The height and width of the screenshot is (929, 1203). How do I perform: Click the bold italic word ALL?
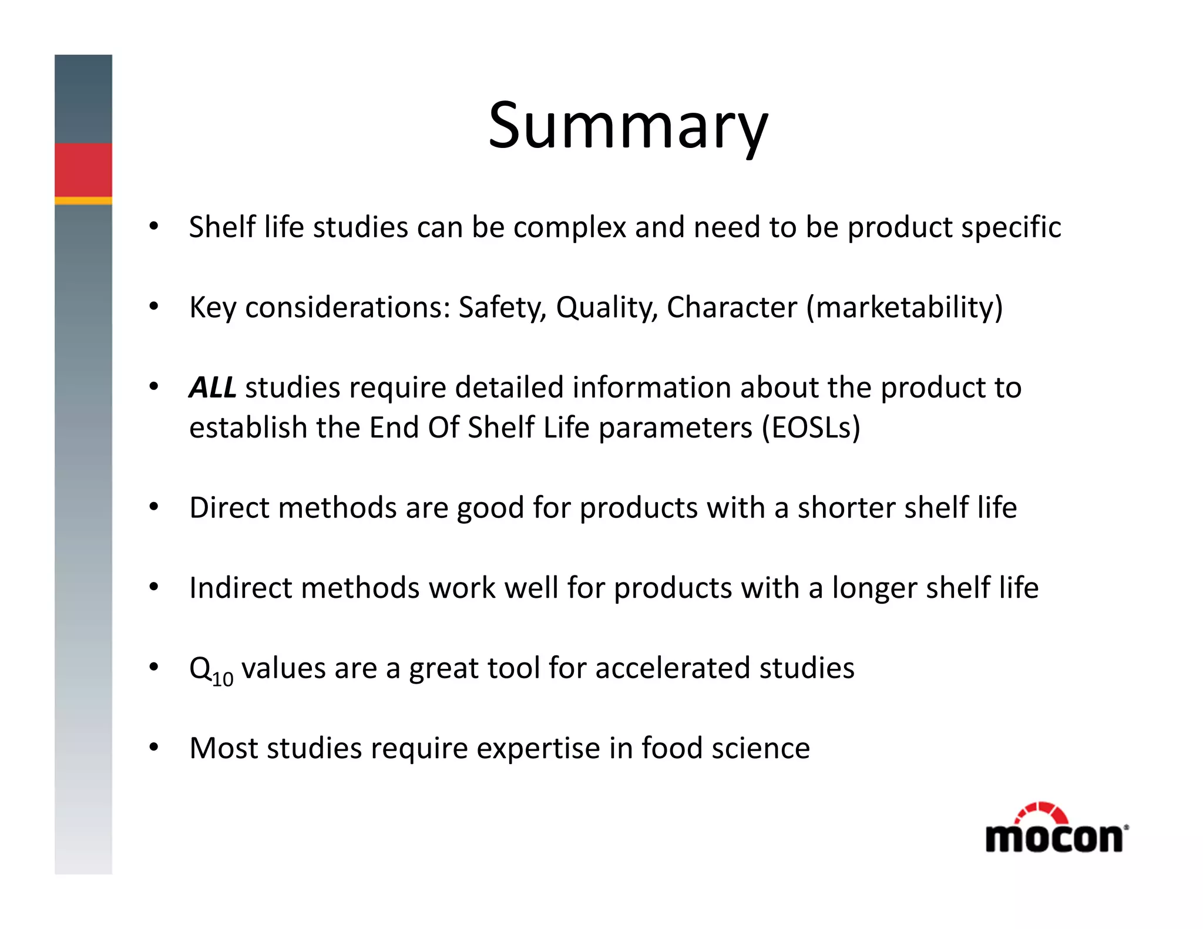pos(212,388)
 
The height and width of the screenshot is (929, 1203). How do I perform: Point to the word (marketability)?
pos(904,308)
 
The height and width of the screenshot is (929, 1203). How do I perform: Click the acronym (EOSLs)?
pos(811,428)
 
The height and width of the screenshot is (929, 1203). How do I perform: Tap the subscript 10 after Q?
pos(223,679)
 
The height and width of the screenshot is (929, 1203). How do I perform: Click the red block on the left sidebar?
pos(83,169)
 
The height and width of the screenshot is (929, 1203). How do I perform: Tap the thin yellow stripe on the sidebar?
pos(83,200)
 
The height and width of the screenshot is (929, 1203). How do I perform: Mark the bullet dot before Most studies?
pos(154,747)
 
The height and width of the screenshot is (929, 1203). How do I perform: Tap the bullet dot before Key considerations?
pos(154,306)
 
